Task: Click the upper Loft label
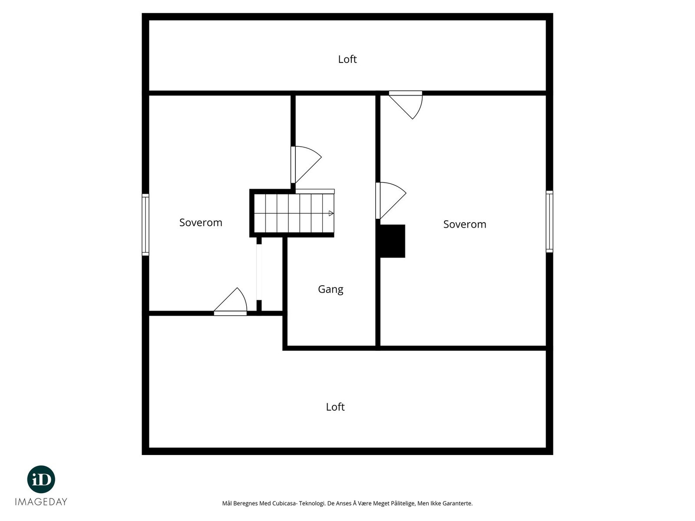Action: [347, 59]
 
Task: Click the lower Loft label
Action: [335, 407]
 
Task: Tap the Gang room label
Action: [331, 289]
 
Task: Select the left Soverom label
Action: [201, 223]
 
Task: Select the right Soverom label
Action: [464, 224]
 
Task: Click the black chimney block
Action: [393, 241]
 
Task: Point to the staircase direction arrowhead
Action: [331, 213]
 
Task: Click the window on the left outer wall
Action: [146, 224]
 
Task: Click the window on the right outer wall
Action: [549, 221]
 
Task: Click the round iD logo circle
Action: [41, 479]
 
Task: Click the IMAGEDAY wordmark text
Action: [41, 502]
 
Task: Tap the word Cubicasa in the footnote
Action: [284, 504]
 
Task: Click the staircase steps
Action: [293, 213]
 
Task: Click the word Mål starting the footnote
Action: [227, 504]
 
